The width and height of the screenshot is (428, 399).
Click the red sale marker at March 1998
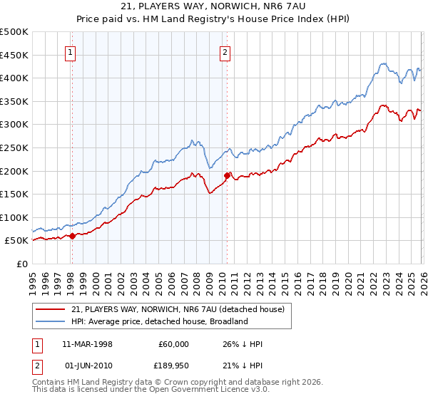(x=72, y=236)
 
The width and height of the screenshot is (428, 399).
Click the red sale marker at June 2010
(x=227, y=175)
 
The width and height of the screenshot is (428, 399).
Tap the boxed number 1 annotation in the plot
(x=71, y=51)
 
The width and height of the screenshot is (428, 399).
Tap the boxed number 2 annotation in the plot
(x=225, y=51)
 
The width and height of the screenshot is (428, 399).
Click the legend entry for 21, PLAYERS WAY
(x=178, y=309)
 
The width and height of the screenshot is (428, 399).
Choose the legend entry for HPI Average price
(x=158, y=321)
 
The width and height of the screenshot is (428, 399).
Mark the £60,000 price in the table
(x=173, y=344)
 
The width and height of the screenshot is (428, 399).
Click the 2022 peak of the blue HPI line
(x=382, y=63)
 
